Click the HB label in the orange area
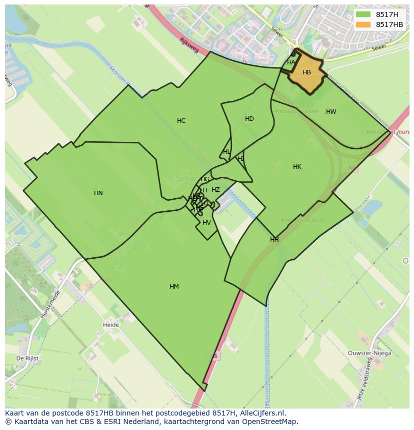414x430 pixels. click(306, 72)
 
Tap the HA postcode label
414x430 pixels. click(291, 62)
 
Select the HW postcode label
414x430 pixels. click(331, 112)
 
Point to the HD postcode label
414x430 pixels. click(249, 119)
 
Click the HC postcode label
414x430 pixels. click(181, 121)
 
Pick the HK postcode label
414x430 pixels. click(297, 167)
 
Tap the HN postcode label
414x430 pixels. click(98, 193)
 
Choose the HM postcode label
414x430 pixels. click(174, 287)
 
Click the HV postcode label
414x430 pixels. click(206, 223)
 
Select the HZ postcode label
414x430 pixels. click(215, 190)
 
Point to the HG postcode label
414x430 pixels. click(205, 179)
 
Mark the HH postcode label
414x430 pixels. click(274, 240)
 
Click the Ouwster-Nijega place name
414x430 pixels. click(370, 353)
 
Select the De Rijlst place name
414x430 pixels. click(27, 359)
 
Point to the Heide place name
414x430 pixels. click(111, 325)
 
